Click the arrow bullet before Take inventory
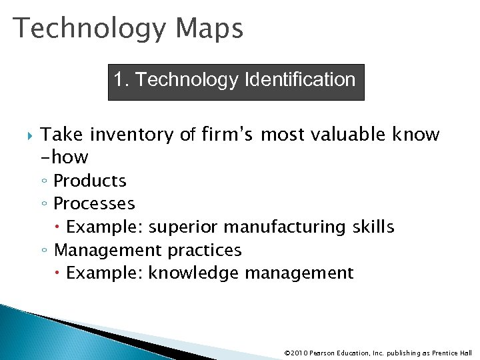[x=27, y=135]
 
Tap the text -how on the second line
[x=65, y=157]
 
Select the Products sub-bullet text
[x=90, y=181]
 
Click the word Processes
[x=94, y=203]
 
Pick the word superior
[x=184, y=227]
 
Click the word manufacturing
[x=285, y=227]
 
